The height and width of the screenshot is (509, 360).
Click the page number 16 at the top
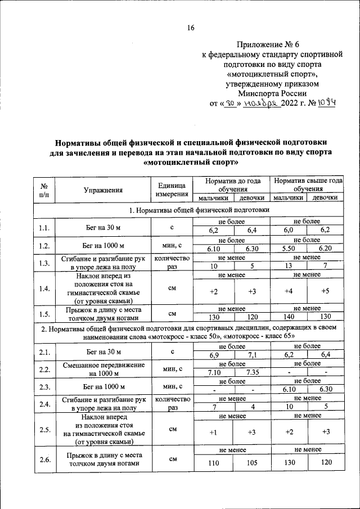coord(190,28)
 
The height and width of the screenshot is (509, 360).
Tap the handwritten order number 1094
coord(325,103)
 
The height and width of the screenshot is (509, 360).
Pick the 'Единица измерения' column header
coord(172,190)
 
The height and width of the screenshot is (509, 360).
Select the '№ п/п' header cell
coord(44,190)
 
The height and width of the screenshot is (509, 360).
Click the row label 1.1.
coord(44,228)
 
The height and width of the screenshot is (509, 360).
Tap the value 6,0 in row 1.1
coord(287,231)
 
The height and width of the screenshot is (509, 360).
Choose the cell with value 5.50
coord(287,249)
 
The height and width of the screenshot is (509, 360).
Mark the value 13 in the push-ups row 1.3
coord(287,266)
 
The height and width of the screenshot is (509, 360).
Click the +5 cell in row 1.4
coord(325,291)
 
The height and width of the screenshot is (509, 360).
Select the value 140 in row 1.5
coord(287,317)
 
